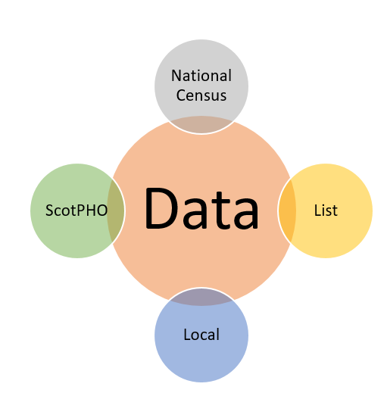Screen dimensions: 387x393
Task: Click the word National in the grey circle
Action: coord(201,75)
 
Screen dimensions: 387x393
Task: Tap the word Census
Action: coord(201,95)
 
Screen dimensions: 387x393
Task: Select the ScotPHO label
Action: coord(76,210)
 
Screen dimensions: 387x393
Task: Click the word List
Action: coord(326,210)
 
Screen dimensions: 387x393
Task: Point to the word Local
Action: coord(201,334)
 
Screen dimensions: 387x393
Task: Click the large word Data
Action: coord(201,208)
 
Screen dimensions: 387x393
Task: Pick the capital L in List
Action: coord(318,210)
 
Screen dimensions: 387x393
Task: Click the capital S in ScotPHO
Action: coord(50,210)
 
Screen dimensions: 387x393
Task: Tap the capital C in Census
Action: coord(182,95)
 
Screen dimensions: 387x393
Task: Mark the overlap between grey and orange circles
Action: coord(201,124)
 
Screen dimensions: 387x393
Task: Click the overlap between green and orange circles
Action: coord(116,211)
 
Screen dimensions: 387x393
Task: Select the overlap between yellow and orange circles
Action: coord(287,211)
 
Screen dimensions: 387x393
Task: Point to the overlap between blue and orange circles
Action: coord(201,297)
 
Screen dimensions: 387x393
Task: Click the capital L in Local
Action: coord(187,334)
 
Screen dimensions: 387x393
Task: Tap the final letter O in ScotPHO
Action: coord(102,210)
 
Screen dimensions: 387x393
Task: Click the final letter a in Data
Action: coord(246,214)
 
